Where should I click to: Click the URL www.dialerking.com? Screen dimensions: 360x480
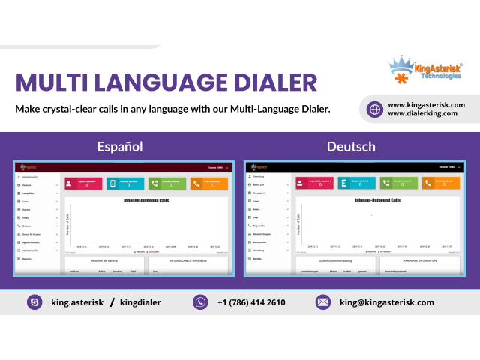click(x=422, y=113)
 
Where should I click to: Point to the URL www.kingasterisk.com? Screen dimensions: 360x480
click(x=426, y=104)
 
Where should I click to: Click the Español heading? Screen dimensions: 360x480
click(x=120, y=146)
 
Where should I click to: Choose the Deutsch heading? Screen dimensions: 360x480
click(x=351, y=146)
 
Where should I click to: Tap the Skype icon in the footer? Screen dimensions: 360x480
click(x=34, y=302)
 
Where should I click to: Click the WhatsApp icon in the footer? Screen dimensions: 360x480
click(x=200, y=302)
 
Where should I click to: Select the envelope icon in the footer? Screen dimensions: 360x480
click(x=323, y=302)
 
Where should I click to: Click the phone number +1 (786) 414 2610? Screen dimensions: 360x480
click(x=251, y=302)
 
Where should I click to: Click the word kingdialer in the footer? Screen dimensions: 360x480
click(x=140, y=302)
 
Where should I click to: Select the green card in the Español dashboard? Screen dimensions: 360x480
click(x=166, y=183)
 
